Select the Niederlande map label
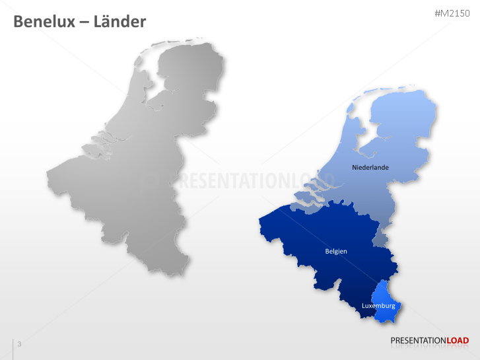[370, 167]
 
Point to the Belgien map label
[336, 251]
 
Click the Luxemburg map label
[378, 306]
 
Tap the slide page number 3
[19, 344]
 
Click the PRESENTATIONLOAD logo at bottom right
[429, 341]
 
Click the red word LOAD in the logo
[458, 341]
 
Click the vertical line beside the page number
[13, 348]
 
